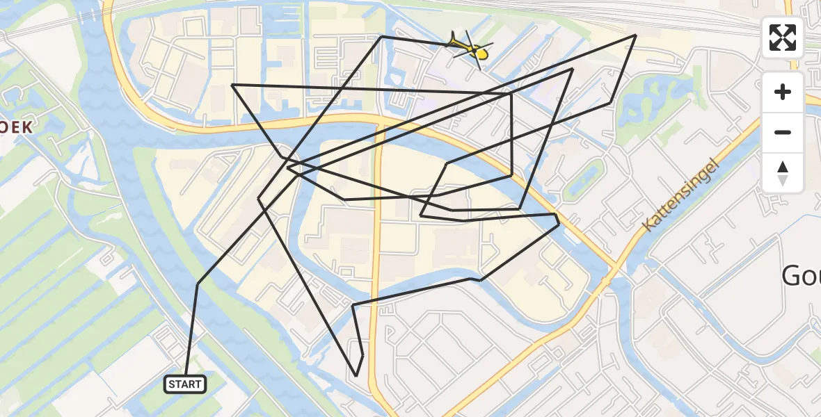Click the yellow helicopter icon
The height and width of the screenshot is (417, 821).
[x=470, y=49]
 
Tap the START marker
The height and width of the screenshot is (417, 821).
[x=185, y=384]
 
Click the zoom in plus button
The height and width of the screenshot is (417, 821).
[x=783, y=92]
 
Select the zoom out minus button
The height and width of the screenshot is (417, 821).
[x=783, y=132]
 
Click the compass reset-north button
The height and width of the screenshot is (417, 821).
[x=783, y=172]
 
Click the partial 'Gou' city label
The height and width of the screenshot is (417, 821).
[x=801, y=276]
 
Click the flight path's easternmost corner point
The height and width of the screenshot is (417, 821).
[x=635, y=35]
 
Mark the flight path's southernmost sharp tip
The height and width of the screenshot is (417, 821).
[x=356, y=376]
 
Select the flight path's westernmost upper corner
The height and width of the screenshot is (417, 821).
[x=232, y=85]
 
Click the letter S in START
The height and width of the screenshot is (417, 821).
[x=172, y=384]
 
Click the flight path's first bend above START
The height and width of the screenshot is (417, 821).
[x=198, y=284]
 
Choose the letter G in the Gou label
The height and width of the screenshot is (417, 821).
[x=790, y=276]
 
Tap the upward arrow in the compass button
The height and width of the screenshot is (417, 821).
[x=783, y=167]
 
